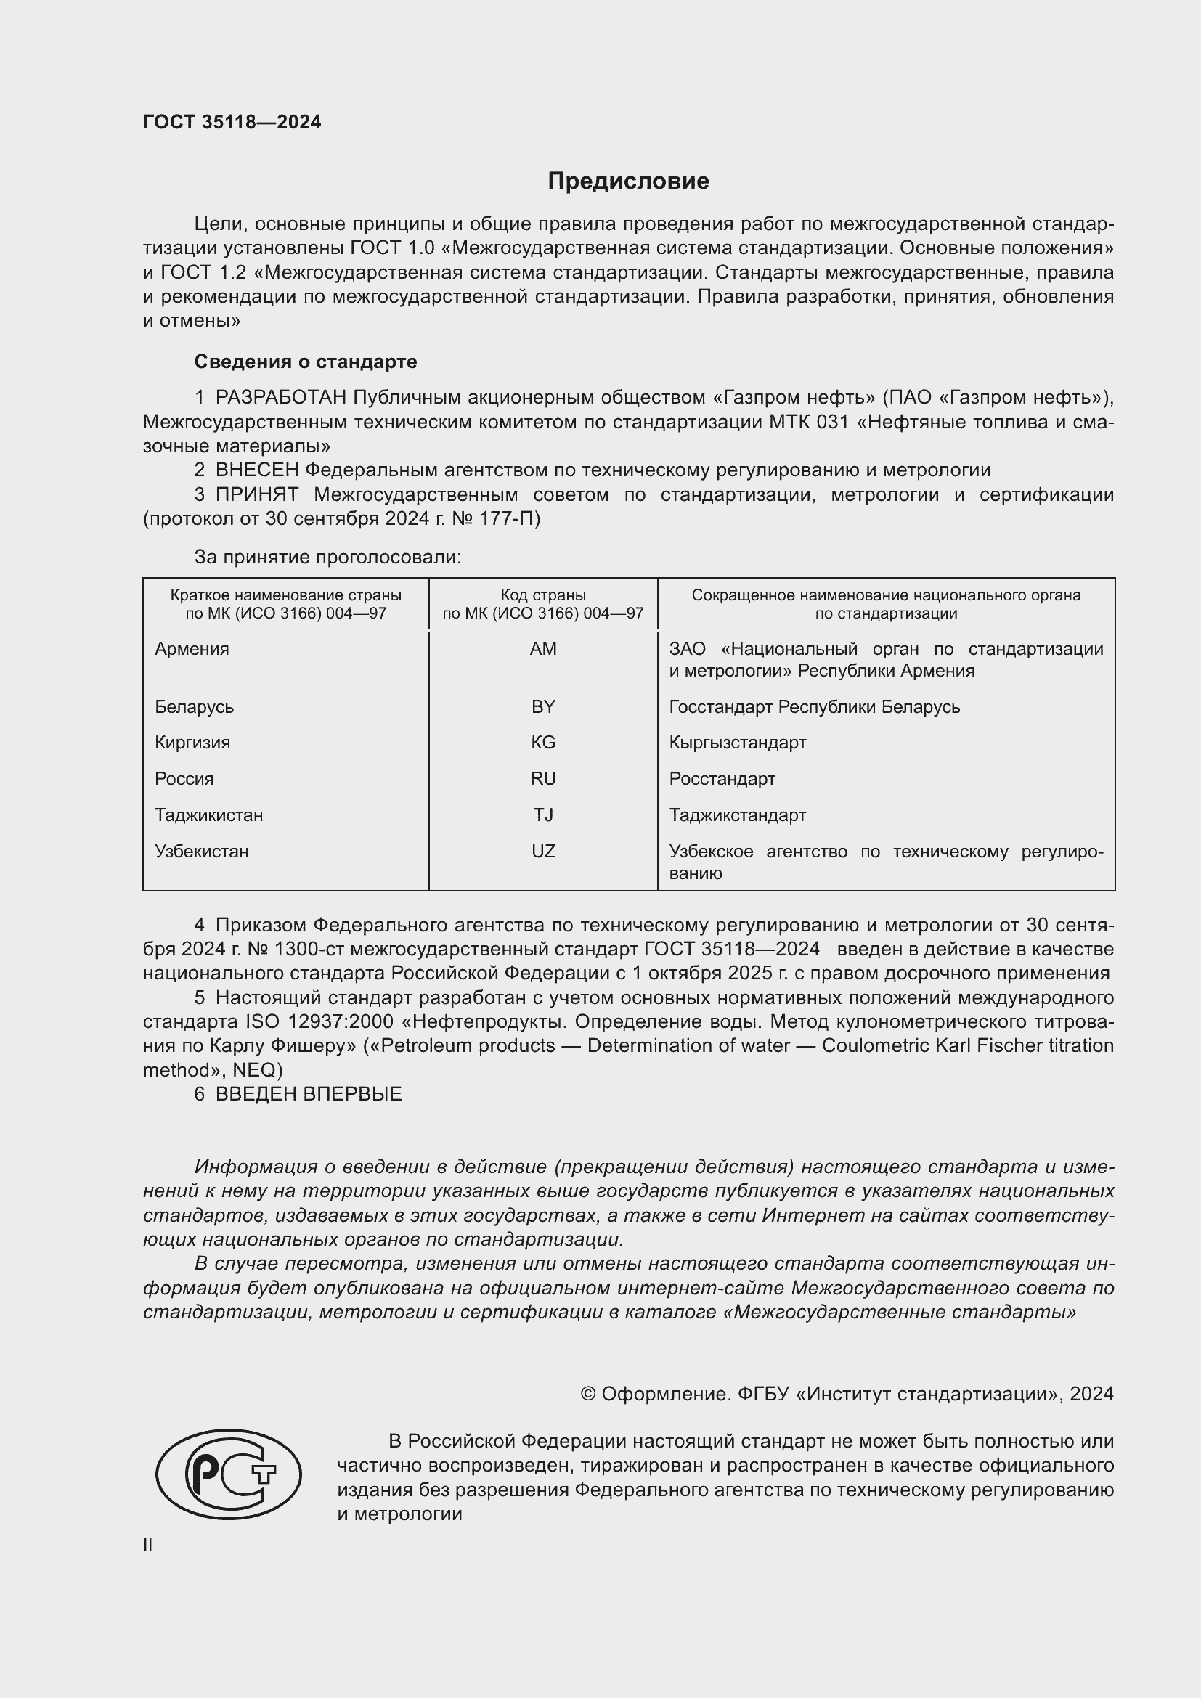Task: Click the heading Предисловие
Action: (628, 181)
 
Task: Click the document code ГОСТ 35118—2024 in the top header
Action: (232, 123)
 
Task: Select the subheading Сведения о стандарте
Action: (305, 362)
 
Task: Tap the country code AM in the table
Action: (543, 648)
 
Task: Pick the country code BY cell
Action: (543, 706)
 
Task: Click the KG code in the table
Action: (543, 742)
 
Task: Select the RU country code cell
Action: (543, 778)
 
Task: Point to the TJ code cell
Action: (543, 815)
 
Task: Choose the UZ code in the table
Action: (543, 851)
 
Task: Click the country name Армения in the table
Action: (192, 648)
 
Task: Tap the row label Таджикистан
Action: (208, 815)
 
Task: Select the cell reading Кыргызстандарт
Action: (737, 742)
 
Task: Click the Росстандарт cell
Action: (722, 778)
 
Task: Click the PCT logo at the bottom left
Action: (229, 1474)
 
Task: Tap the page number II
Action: (148, 1544)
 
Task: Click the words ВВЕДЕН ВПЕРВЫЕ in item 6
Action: (308, 1094)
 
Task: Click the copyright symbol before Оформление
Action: (588, 1394)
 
